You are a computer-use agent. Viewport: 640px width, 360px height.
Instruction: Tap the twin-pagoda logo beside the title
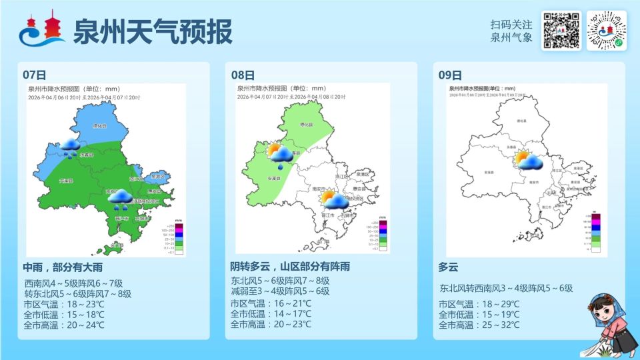pyautogui.click(x=41, y=31)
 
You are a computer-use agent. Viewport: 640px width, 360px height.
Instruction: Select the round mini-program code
pyautogui.click(x=607, y=31)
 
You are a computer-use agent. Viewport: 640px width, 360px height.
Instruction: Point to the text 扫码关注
pyautogui.click(x=511, y=24)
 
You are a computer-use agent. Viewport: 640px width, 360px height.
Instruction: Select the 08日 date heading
pyautogui.click(x=243, y=75)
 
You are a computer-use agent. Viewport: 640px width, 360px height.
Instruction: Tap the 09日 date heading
pyautogui.click(x=450, y=75)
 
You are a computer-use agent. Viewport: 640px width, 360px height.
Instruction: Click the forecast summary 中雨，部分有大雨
pyautogui.click(x=63, y=267)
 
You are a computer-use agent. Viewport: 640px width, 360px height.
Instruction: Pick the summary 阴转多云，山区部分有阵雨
pyautogui.click(x=290, y=267)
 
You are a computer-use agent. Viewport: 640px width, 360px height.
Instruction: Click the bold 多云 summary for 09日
pyautogui.click(x=449, y=267)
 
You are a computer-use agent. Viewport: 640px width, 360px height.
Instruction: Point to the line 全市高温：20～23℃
pyautogui.click(x=271, y=325)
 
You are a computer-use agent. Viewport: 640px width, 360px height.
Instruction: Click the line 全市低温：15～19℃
pyautogui.click(x=479, y=315)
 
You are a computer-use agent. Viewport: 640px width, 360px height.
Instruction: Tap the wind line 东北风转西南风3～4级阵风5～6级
pyautogui.click(x=506, y=288)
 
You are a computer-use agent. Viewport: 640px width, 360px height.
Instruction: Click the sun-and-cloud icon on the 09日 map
pyautogui.click(x=527, y=160)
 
